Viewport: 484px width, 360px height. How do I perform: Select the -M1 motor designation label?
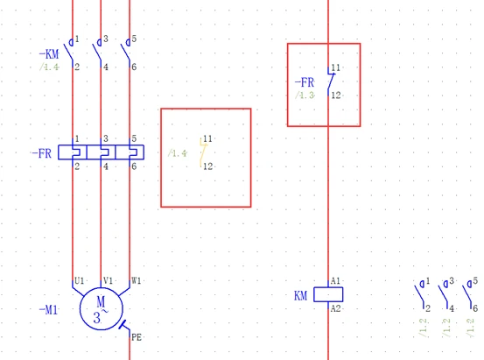(48, 309)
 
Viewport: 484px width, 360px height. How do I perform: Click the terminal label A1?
(335, 281)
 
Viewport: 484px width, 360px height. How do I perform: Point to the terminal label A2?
(335, 308)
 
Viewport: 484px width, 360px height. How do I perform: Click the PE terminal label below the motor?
(137, 337)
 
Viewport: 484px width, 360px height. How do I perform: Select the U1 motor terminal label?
(80, 280)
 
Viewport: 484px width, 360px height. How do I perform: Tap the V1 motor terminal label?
(108, 280)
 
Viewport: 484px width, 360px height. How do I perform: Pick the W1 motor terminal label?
(137, 280)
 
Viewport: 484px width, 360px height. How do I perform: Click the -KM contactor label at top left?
(49, 54)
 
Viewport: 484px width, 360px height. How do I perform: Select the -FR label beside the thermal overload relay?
(42, 153)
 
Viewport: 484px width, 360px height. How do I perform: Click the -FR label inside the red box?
(305, 82)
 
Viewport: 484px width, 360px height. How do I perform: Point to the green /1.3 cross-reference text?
(305, 95)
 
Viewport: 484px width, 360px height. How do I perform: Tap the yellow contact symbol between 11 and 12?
(203, 152)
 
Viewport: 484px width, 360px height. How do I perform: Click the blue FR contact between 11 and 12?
(331, 81)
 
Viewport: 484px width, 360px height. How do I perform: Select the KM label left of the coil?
(301, 296)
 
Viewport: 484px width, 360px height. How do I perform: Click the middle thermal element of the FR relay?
(101, 152)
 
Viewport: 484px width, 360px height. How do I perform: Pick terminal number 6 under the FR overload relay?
(134, 166)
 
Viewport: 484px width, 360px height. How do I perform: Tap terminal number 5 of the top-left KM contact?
(134, 39)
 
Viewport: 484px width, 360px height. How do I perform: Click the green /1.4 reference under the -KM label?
(49, 67)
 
